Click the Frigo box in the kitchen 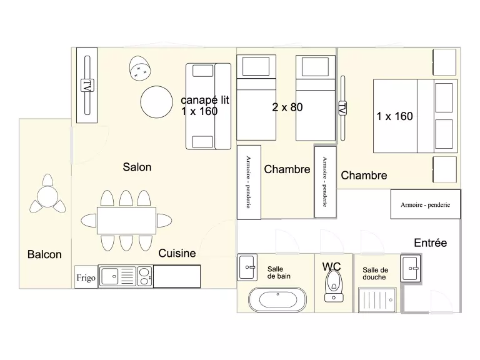coord(86,277)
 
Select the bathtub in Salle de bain coord(277,299)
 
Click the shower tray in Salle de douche coord(377,300)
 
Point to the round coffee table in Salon coord(156,102)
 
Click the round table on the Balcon coord(47,197)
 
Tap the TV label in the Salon coord(87,86)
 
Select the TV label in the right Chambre coord(342,108)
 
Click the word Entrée coord(431,242)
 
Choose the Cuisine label coord(177,253)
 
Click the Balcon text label coord(44,254)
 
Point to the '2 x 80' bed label coord(287,107)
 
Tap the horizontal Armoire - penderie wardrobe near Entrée coord(425,204)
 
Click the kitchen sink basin coord(109,276)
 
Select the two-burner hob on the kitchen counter coord(144,276)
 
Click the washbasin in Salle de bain coord(247,267)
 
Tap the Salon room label coord(137,167)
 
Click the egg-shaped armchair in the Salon coord(140,68)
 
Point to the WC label coord(331,267)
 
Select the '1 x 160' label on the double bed coord(394,116)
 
